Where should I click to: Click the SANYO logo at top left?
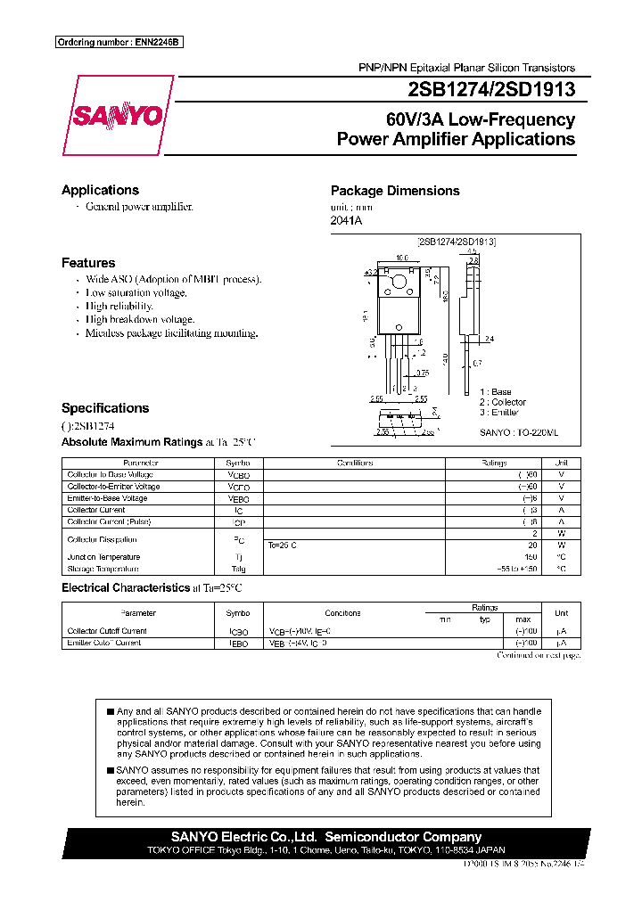[118, 116]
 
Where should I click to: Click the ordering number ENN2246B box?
[119, 43]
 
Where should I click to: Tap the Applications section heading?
[100, 190]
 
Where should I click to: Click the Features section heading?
[88, 263]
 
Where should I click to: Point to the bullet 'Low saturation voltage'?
[136, 292]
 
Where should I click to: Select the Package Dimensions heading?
[395, 191]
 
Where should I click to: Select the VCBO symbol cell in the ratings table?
[238, 475]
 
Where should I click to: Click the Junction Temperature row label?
[103, 557]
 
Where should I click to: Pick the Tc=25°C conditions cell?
[283, 545]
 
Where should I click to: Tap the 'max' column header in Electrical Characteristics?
[523, 619]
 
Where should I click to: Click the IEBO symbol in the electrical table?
[238, 643]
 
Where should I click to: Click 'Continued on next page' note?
[539, 655]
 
